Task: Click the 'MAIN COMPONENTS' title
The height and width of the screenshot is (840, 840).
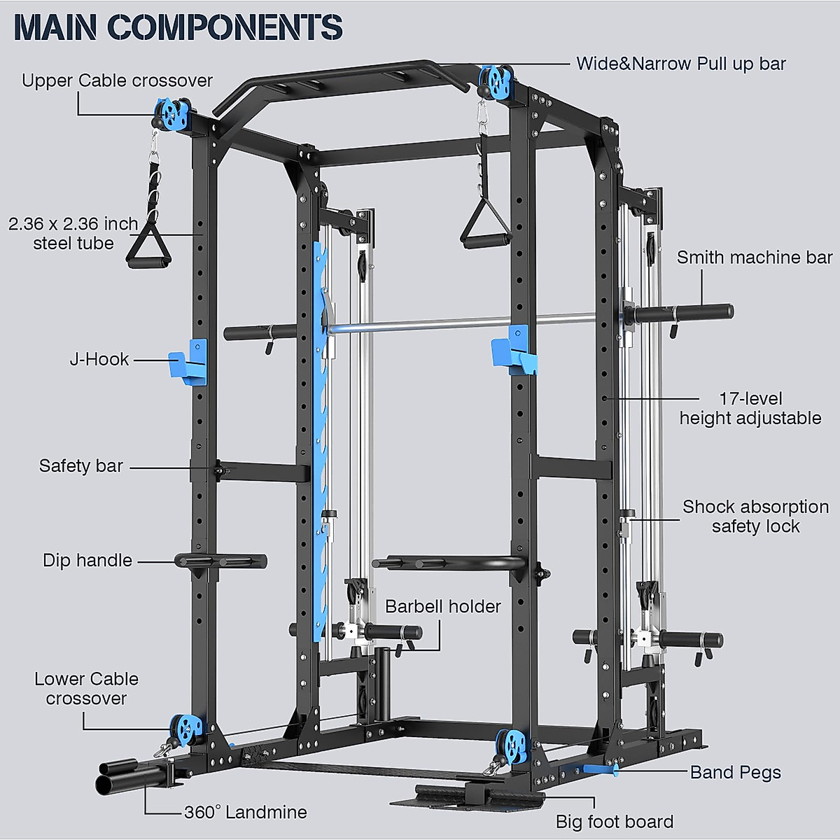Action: [x=178, y=27]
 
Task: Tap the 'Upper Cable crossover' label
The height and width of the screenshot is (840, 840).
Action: [x=117, y=80]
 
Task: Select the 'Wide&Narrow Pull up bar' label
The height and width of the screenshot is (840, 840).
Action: [x=680, y=64]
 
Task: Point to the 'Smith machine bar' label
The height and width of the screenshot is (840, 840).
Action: [x=754, y=258]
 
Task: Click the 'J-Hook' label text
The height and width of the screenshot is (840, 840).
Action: [x=99, y=359]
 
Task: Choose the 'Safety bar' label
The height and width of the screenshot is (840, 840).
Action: [x=81, y=465]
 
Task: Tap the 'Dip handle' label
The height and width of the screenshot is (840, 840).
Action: [x=87, y=560]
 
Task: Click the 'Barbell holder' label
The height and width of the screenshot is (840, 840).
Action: [x=443, y=606]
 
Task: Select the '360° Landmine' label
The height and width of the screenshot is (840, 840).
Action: [x=245, y=812]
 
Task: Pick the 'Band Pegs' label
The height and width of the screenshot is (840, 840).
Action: [x=735, y=772]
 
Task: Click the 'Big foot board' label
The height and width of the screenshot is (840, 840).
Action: [x=614, y=821]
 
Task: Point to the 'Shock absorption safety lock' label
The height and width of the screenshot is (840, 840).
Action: [x=755, y=517]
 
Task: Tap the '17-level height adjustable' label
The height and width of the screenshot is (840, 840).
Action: [x=750, y=408]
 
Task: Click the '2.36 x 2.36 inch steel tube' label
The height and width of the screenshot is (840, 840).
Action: [x=73, y=233]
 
